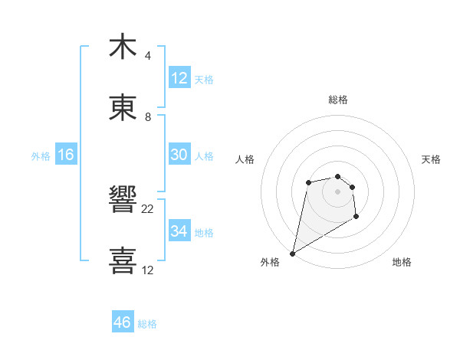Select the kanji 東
pos(123,108)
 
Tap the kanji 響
pos(123,201)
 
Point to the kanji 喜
pos(123,261)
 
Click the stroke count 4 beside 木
pos(147,56)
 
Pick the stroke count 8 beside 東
pos(147,117)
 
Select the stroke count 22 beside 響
pos(148,209)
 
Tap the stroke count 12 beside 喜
pos(148,270)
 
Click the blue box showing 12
pos(179,78)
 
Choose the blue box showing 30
pos(179,155)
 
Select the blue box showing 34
pos(179,231)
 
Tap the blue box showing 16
pos(66,155)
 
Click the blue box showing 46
pos(123,322)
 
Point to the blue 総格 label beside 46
pos(147,324)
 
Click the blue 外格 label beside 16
pos(41,155)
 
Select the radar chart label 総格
pos(338,100)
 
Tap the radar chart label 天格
pos(431,159)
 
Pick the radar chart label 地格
pos(402,262)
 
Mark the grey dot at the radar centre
pos(337,191)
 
